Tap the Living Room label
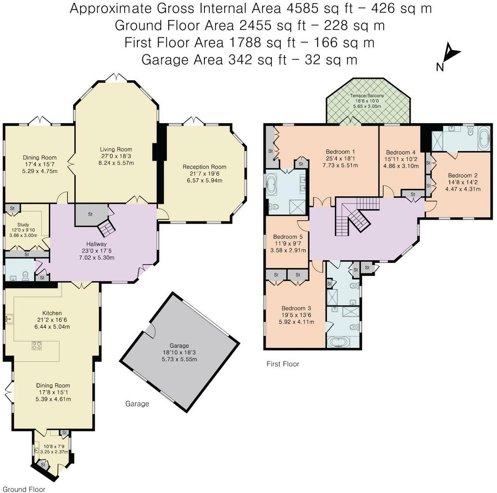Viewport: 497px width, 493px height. coord(116,150)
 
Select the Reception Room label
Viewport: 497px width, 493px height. coord(204,167)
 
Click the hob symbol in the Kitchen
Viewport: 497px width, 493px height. coord(37,345)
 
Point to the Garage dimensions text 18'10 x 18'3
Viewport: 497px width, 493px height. coord(179,353)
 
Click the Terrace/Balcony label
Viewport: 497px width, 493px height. coord(367,96)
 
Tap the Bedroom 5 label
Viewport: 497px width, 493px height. coord(288,237)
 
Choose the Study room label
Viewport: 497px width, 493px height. coord(23,224)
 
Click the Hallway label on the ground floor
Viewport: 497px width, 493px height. coord(96,244)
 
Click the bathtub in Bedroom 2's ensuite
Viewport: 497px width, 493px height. coord(484,138)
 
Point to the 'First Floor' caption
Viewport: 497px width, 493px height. coord(283,364)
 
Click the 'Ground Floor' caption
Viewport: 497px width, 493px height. coord(24,489)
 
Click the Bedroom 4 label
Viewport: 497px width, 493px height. coord(401,152)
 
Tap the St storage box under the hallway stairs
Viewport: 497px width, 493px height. coord(90,215)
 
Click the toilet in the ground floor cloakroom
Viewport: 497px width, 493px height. coord(26,276)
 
